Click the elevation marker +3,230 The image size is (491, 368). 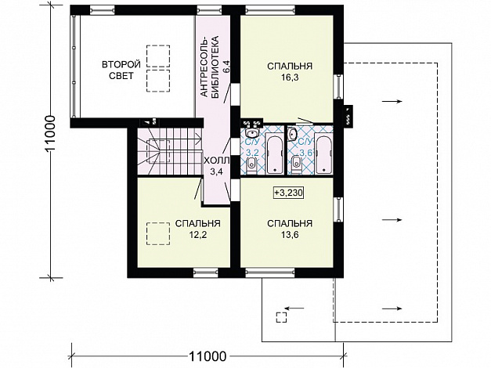tap(289, 193)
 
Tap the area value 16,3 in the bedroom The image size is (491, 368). tap(290, 78)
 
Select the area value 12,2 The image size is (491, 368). tap(197, 235)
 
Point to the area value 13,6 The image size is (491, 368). tap(290, 235)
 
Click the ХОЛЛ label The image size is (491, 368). tap(216, 161)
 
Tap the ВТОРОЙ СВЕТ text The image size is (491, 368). tap(121, 70)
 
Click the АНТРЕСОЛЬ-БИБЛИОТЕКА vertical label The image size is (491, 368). tap(209, 67)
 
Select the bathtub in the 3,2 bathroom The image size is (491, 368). tap(275, 153)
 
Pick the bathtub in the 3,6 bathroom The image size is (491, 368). tap(323, 153)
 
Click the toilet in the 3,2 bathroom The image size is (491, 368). tap(251, 165)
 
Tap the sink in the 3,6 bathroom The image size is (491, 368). tap(292, 134)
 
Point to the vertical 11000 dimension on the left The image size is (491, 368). tap(50, 134)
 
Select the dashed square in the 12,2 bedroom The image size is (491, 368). tap(158, 233)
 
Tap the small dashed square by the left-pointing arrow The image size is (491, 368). tap(281, 317)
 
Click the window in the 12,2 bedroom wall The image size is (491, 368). tap(205, 272)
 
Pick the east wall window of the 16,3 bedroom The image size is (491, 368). tap(338, 86)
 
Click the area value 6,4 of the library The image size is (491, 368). tap(226, 67)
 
